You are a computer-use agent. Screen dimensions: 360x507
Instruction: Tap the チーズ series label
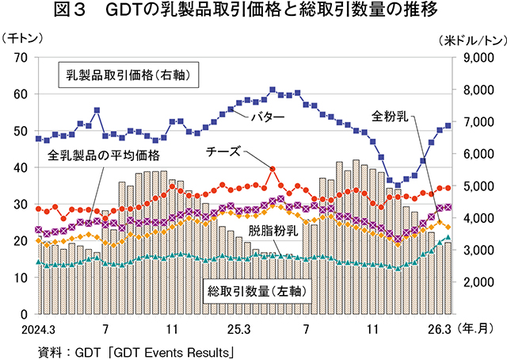(x=223, y=151)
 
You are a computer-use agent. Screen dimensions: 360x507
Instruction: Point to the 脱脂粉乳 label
(x=273, y=231)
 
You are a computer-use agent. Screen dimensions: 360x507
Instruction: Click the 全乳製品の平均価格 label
(x=104, y=154)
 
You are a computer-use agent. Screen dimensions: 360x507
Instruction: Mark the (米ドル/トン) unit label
(x=468, y=38)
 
